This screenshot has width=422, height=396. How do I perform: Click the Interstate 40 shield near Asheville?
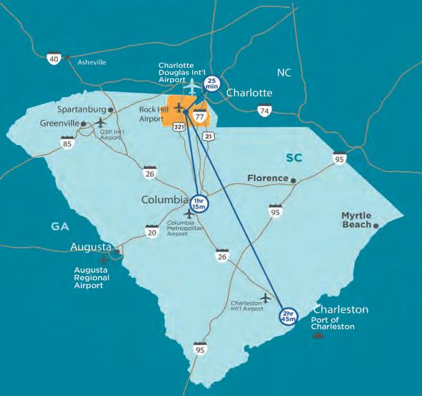click(54, 59)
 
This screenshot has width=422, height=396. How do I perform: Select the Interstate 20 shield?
click(151, 231)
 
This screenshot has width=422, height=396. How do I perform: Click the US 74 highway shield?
click(264, 110)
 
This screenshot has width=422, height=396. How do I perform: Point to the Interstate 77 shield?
click(200, 117)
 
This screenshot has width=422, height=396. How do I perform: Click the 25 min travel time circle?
click(211, 84)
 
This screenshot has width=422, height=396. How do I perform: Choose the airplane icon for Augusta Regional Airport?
click(105, 259)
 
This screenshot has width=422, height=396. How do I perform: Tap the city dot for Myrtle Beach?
click(377, 226)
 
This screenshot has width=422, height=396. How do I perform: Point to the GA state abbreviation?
click(59, 225)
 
